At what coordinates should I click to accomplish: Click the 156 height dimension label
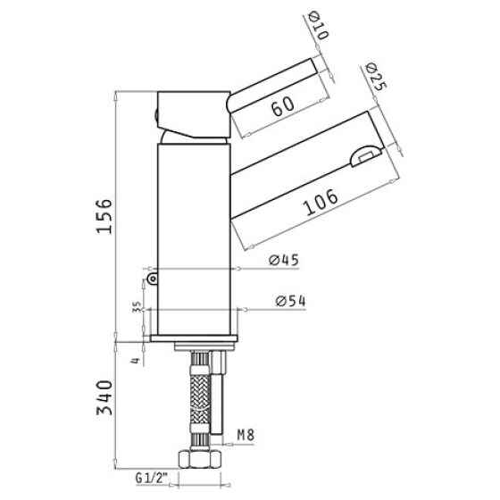click(104, 216)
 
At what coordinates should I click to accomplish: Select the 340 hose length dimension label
click(104, 397)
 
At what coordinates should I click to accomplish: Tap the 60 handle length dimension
click(283, 105)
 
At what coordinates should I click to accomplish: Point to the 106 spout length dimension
click(321, 202)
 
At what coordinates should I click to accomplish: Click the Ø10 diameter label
click(319, 25)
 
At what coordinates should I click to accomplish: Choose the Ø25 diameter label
click(377, 77)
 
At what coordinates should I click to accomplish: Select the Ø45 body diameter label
click(284, 260)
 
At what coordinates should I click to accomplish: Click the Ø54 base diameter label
click(290, 301)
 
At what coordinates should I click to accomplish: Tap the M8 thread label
click(246, 435)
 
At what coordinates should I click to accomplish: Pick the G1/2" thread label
click(152, 478)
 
